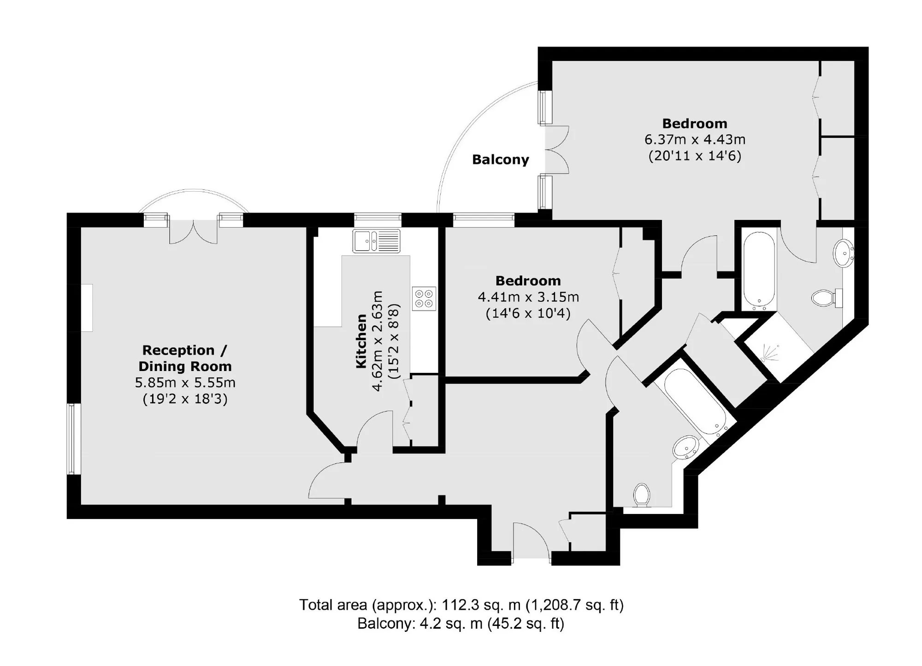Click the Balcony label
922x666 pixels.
coord(500,160)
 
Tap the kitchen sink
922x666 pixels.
coord(377,241)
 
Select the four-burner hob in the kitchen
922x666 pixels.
coord(424,299)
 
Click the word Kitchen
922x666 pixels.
coord(361,341)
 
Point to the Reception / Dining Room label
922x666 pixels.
coord(185,358)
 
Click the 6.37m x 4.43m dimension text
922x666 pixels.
coord(695,139)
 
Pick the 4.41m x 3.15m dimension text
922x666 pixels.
coord(528,297)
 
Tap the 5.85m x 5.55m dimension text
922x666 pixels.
coord(185,383)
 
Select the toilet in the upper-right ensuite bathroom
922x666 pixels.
coord(827,298)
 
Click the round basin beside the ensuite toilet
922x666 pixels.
coord(844,253)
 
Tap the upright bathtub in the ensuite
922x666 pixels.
coord(759,271)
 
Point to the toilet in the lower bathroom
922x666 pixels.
coord(642,495)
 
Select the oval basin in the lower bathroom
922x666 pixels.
coord(686,447)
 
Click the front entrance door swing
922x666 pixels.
coord(531,540)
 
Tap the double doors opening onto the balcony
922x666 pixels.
coord(557,149)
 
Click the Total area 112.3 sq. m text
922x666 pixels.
coord(461,604)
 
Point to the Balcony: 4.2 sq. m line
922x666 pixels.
coord(461,624)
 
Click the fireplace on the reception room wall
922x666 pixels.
coord(87,307)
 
